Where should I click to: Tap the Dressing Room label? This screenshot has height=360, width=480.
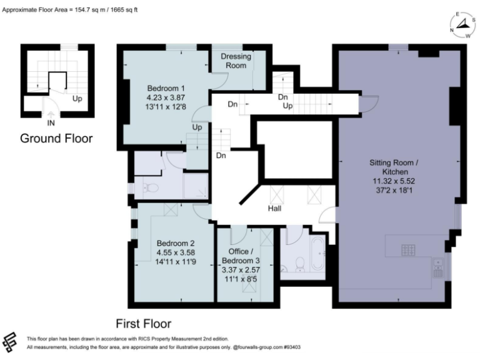click(236, 61)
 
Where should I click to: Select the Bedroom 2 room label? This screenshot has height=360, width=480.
click(176, 243)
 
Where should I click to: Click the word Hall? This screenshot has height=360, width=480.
click(274, 208)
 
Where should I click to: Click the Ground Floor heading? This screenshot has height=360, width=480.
click(56, 138)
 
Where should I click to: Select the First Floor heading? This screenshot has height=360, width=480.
click(144, 323)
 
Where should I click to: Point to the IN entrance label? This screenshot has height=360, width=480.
click(51, 114)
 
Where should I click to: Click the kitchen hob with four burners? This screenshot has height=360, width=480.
click(409, 251)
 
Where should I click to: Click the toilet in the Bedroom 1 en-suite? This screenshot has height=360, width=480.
click(146, 188)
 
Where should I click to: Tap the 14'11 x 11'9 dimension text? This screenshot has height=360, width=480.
click(176, 263)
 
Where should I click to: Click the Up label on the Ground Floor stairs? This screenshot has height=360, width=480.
click(77, 99)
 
